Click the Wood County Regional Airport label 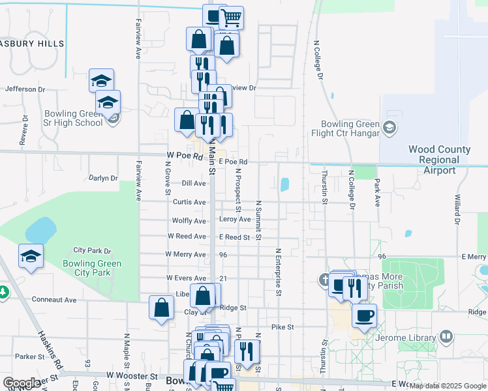point(440,160)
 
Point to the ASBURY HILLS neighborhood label point(33,44)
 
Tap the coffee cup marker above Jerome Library point(364,316)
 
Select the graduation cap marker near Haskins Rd point(31,256)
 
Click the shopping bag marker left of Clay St point(161,308)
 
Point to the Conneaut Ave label point(55,300)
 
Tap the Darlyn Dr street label point(103,178)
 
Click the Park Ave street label point(377,194)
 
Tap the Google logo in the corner point(22,383)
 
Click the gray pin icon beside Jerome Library point(446,337)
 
